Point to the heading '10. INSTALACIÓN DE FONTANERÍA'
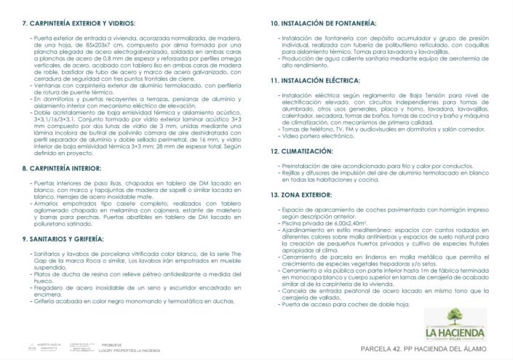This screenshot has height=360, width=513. click(324, 24)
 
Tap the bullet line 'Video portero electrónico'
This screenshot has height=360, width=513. click(317, 135)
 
